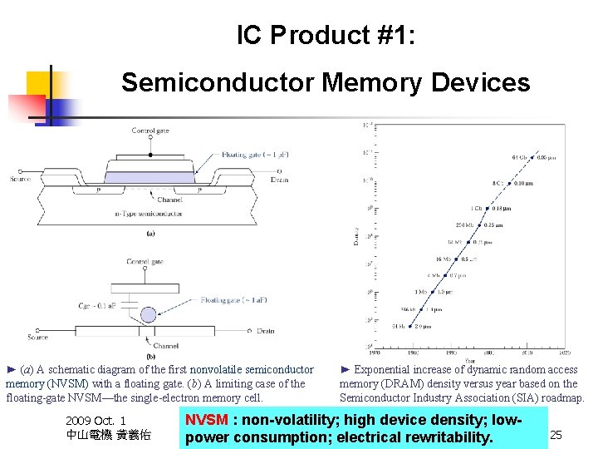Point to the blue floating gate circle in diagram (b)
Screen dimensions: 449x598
148,314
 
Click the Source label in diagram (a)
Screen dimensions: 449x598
19,180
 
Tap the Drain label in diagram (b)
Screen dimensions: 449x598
266,331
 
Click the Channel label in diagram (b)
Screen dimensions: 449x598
164,346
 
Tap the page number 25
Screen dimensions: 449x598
556,435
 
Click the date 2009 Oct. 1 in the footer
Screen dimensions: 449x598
96,422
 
